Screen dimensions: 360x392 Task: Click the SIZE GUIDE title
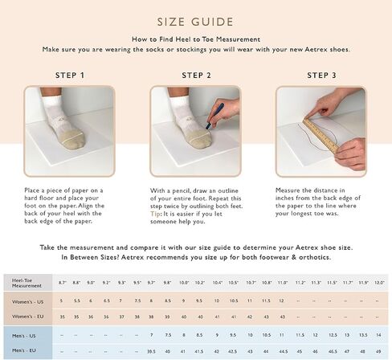tap(195, 22)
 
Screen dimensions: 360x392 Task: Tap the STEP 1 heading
tap(70, 76)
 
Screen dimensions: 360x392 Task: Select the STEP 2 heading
tap(196, 76)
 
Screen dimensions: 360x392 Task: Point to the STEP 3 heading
tap(321, 76)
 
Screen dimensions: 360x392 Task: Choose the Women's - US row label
tap(27, 301)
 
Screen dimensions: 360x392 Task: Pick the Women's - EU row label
tap(27, 317)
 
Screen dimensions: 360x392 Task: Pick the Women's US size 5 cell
tap(62, 301)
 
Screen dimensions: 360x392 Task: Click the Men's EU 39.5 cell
tap(152, 350)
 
